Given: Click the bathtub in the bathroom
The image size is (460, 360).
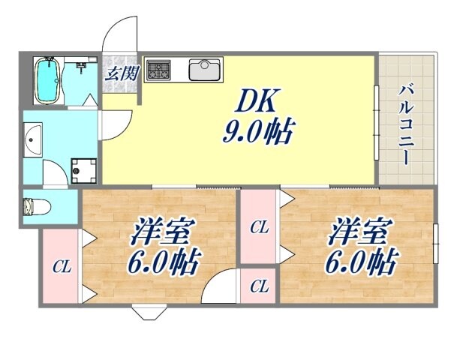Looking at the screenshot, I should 47,80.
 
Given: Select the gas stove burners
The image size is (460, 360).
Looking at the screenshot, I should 158,71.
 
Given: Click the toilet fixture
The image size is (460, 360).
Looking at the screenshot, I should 34,205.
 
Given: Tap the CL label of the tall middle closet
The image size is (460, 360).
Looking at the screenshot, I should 259,227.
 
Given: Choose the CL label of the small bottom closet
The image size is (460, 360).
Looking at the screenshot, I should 259,286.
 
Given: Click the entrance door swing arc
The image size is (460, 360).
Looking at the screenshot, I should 120,34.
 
